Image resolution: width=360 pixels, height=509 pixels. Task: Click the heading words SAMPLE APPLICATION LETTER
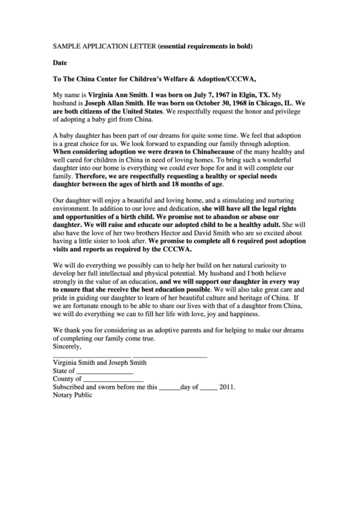point(104,46)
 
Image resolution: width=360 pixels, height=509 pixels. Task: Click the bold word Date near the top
point(60,62)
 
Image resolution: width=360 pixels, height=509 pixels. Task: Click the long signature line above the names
point(130,357)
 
